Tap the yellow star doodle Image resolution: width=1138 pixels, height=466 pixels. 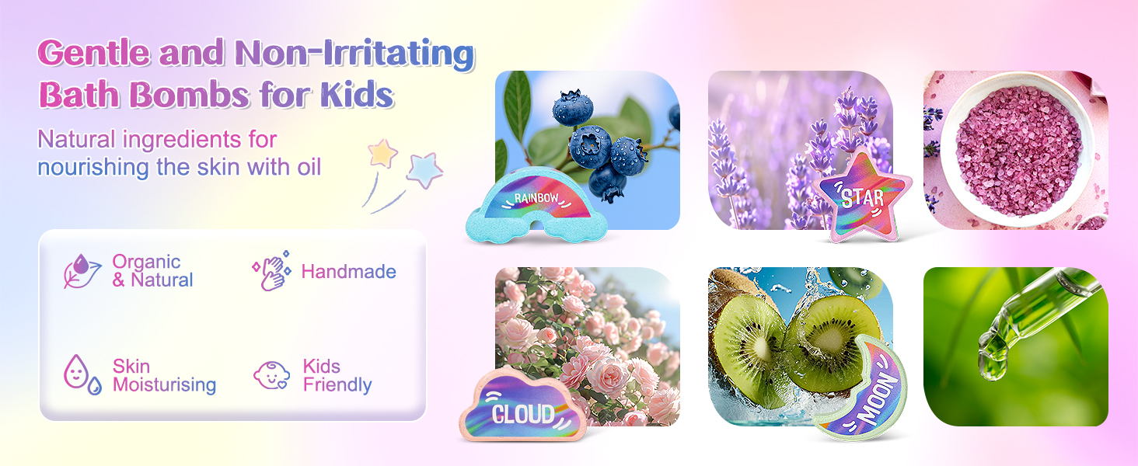[x=382, y=153]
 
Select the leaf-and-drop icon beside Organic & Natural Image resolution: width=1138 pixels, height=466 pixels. [x=82, y=271]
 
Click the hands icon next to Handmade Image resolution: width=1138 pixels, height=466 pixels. [x=271, y=271]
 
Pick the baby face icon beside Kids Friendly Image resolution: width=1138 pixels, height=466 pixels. [x=271, y=375]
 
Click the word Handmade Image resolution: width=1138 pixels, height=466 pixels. [x=348, y=272]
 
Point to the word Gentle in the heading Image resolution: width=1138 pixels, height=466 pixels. [x=93, y=54]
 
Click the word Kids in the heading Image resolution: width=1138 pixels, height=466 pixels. [x=358, y=95]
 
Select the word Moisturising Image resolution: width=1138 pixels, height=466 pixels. [x=164, y=385]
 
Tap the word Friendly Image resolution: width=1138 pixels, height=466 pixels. [x=337, y=385]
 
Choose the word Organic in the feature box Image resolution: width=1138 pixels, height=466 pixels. [x=146, y=262]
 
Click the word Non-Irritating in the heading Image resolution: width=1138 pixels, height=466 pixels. [x=354, y=54]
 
